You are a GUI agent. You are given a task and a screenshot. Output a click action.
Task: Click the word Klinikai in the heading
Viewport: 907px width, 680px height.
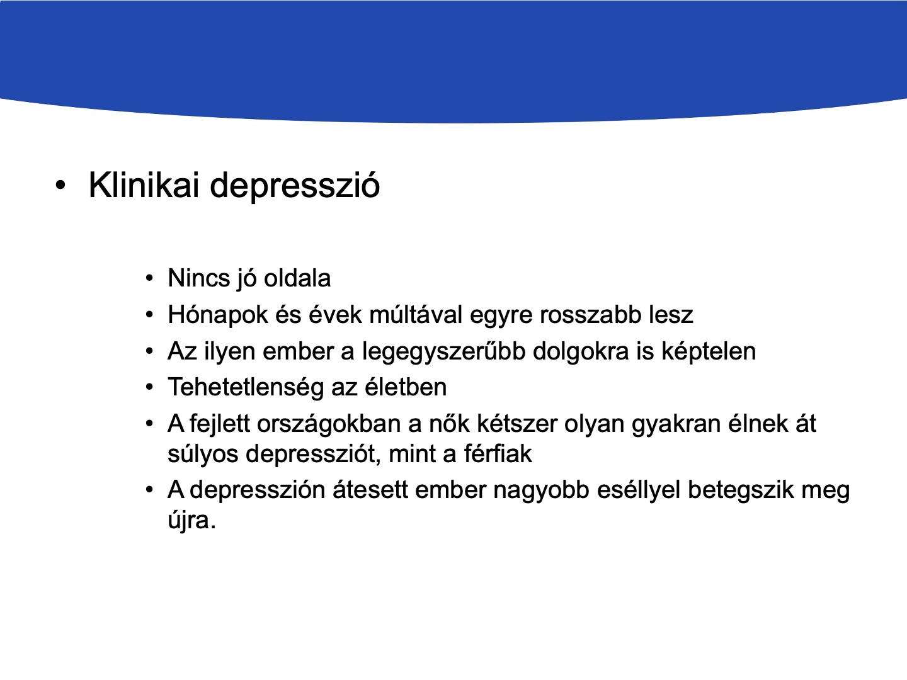144,184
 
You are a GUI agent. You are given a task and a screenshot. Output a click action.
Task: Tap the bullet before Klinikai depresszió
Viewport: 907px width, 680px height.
60,185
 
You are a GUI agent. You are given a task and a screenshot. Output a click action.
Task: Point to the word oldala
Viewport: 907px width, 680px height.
297,278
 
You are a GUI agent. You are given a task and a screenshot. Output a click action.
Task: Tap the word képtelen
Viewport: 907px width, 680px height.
708,352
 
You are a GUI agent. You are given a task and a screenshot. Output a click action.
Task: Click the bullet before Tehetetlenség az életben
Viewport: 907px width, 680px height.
149,387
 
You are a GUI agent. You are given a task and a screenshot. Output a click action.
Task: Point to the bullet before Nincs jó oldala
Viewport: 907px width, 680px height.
149,278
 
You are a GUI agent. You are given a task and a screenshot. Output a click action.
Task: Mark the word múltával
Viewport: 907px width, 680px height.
416,314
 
